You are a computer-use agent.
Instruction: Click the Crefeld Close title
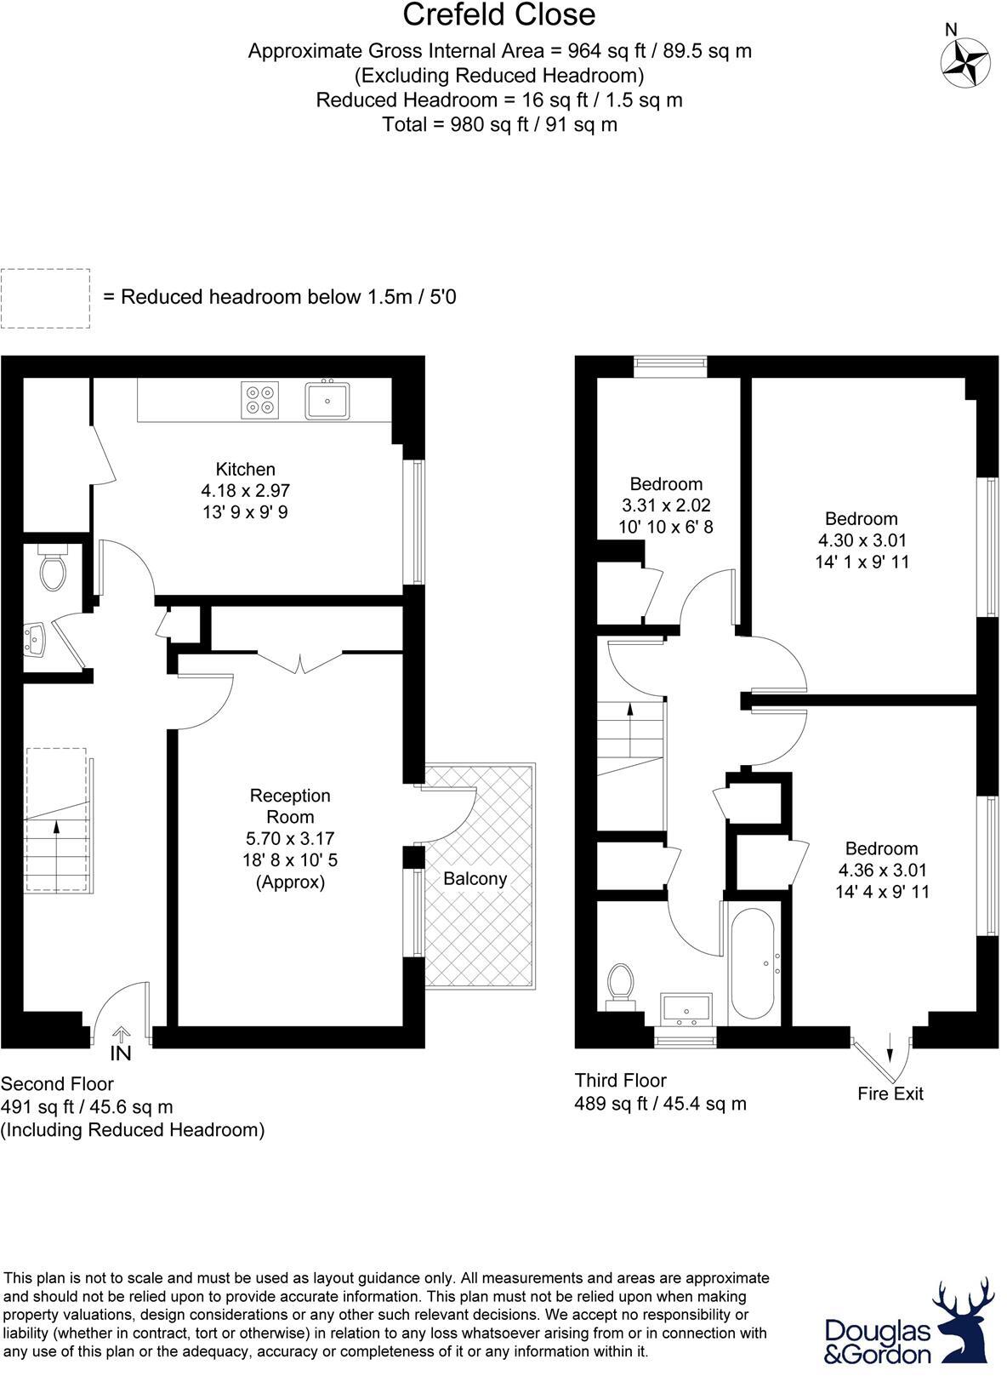point(499,15)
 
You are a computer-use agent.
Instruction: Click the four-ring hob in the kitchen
point(260,400)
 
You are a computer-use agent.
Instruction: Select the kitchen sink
point(327,400)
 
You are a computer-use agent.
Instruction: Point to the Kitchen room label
point(245,469)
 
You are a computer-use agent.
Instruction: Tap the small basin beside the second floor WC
point(34,638)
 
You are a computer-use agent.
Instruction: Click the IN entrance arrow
point(121,1043)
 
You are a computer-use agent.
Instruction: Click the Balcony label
point(475,878)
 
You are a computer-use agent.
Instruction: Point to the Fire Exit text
point(890,1093)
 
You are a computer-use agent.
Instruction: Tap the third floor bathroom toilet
point(622,985)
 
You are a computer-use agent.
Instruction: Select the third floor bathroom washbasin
point(686,1008)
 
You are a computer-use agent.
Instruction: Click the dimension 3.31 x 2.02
point(665,505)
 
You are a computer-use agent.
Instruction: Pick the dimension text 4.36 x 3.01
point(881,870)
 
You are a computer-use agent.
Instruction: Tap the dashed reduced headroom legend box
point(45,298)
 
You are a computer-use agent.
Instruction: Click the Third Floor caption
point(620,1080)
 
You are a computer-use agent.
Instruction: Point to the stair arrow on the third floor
point(629,711)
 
